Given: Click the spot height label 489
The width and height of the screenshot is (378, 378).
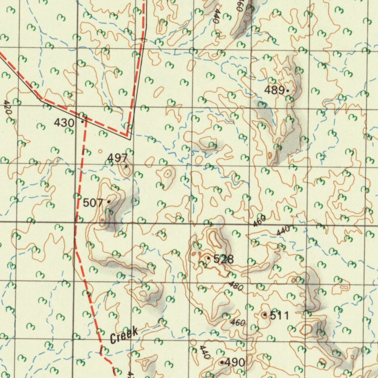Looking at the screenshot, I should click(274, 90).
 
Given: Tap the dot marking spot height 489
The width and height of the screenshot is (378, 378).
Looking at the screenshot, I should click(287, 90).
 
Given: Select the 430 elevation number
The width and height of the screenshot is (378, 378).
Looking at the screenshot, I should click(64, 123).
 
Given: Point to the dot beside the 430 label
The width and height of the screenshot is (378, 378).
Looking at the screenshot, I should click(82, 121).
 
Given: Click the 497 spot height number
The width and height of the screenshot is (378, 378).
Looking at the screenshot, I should click(117, 158).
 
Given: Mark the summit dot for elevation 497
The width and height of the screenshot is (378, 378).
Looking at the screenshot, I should click(126, 166).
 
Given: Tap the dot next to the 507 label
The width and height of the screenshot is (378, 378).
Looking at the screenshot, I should click(108, 202).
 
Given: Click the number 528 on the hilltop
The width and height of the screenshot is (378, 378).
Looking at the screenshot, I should click(224, 259).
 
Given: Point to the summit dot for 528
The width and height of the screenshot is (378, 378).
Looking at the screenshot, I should click(209, 258).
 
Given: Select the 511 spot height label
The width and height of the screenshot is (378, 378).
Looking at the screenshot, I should click(279, 316).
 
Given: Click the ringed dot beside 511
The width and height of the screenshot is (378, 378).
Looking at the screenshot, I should click(265, 315).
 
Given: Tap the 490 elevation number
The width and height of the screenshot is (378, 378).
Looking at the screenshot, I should click(234, 362).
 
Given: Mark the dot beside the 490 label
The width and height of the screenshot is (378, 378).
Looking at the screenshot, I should click(221, 362).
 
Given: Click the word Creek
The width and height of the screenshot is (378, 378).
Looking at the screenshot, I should click(124, 334).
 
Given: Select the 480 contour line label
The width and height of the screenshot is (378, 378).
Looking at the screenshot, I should click(236, 286).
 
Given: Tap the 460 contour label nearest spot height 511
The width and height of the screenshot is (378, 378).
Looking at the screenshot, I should click(238, 323).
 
